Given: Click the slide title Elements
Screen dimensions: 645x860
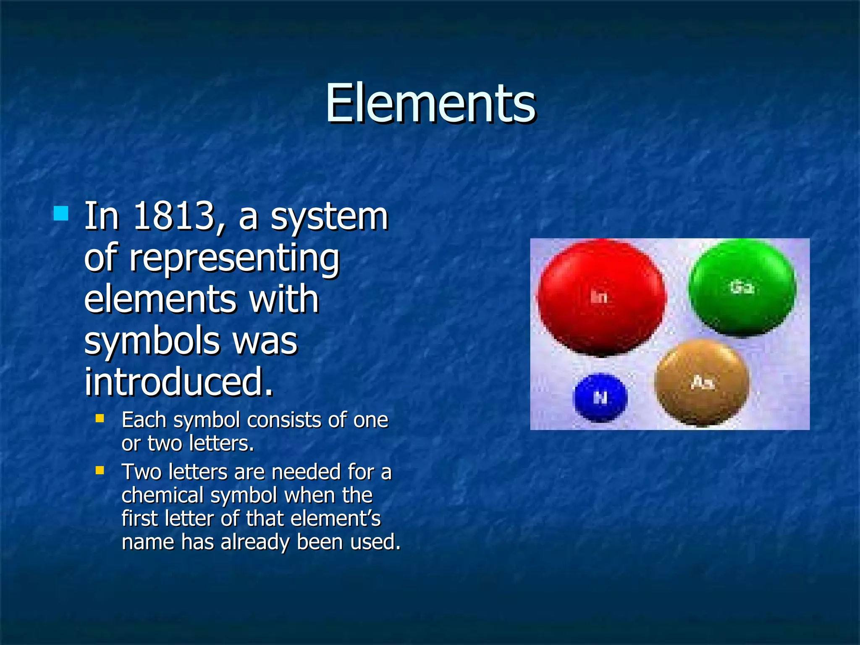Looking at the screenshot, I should click(430, 103).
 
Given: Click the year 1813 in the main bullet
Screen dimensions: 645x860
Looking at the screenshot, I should click(178, 217).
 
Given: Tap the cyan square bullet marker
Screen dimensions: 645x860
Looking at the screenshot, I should click(61, 213).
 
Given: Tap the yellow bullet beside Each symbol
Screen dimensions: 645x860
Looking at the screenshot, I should click(100, 418).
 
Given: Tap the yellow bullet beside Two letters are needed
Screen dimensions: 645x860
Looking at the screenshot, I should click(100, 470).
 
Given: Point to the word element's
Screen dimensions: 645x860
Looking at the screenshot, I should click(335, 519).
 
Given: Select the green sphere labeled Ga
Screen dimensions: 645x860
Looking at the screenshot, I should click(742, 287).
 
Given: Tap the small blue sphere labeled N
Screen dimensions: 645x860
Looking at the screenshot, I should click(600, 397).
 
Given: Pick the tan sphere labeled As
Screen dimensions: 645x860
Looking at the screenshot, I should click(702, 383).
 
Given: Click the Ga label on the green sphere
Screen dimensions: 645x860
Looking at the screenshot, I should click(742, 287).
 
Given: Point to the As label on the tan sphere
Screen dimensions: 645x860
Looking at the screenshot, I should click(702, 383).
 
